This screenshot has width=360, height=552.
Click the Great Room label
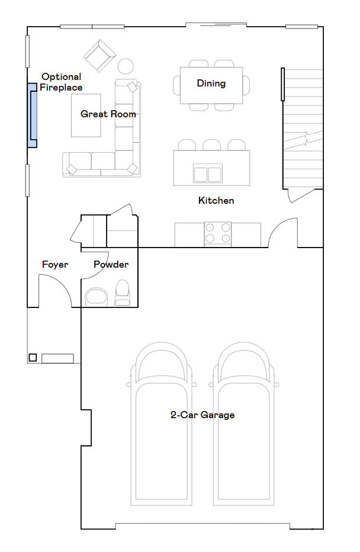click(108, 114)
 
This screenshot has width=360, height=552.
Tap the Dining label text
click(211, 83)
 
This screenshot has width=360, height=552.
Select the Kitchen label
click(216, 200)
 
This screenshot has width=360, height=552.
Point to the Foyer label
click(55, 264)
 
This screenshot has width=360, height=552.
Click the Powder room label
click(111, 264)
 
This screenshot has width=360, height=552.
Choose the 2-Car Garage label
click(202, 415)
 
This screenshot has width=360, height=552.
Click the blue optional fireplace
click(32, 115)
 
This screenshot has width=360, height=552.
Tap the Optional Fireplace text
click(62, 82)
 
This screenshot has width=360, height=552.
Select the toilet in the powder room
click(122, 293)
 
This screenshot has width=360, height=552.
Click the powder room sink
click(97, 296)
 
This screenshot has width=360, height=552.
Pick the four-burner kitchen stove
click(217, 233)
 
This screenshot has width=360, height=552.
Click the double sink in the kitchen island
click(207, 174)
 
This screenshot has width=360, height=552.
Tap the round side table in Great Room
click(126, 65)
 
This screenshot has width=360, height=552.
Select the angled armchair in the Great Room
click(99, 56)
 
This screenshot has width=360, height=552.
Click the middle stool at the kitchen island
click(211, 145)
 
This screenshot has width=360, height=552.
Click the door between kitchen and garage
click(283, 232)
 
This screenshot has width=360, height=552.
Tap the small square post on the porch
click(33, 357)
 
